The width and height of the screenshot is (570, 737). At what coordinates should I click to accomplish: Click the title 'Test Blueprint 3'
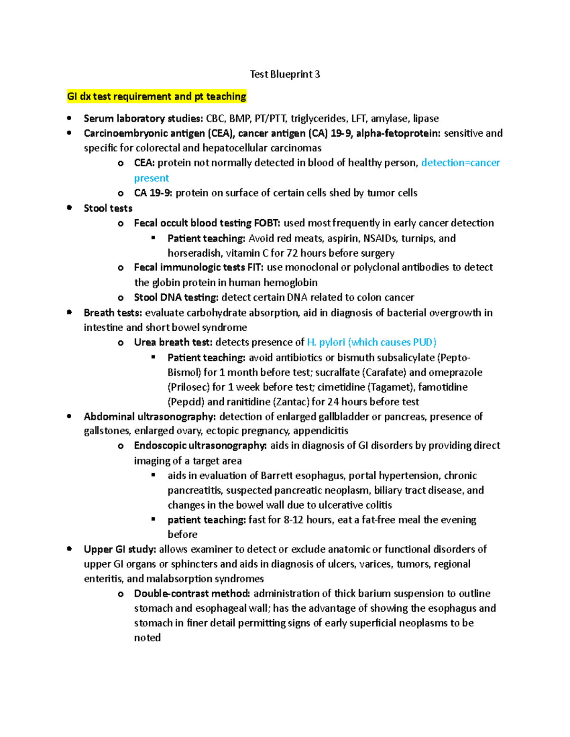[285, 74]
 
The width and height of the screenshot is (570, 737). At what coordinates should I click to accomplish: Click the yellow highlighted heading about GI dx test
[157, 96]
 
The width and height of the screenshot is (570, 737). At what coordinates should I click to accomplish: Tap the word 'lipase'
[426, 118]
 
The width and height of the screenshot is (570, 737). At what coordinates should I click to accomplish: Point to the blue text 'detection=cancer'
[460, 163]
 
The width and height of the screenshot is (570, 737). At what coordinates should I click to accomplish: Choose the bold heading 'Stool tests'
[108, 208]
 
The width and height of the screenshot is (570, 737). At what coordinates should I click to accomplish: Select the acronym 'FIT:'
[255, 267]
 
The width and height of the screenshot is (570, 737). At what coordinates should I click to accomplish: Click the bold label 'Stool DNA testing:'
[176, 298]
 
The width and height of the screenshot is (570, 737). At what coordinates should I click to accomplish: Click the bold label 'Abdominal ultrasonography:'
[150, 417]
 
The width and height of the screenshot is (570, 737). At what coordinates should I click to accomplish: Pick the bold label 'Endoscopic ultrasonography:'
[200, 446]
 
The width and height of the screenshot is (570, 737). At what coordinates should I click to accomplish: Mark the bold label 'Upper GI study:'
[120, 549]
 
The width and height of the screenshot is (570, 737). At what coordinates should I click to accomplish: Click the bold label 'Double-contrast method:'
[192, 594]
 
